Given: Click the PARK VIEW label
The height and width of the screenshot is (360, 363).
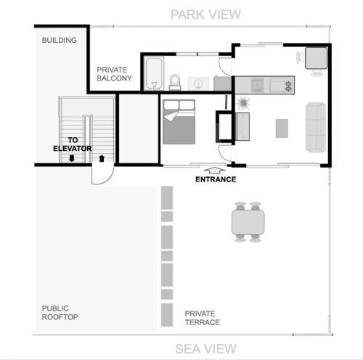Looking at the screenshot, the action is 205,15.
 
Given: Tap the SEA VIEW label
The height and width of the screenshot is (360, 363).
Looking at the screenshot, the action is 205,349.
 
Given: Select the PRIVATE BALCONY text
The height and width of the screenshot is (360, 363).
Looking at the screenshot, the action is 114,74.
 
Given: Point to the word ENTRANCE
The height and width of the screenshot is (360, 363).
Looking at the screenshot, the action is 216,179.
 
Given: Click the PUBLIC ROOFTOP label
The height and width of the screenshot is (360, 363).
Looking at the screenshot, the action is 60,313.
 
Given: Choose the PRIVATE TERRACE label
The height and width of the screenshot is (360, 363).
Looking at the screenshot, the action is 203,318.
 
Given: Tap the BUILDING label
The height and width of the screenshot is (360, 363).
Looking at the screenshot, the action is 60,40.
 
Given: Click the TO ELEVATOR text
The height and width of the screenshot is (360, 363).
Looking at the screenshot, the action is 73,144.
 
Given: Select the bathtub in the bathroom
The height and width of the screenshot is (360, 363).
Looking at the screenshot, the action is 154,73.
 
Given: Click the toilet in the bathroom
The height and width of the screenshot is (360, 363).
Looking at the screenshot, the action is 175,82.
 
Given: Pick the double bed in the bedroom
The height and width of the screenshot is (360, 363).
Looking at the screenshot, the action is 179,122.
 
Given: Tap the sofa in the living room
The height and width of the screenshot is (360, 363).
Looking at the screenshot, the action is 316,127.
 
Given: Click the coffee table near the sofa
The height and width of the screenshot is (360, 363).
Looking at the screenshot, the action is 282,128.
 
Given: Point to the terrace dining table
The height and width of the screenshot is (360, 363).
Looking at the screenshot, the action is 248,222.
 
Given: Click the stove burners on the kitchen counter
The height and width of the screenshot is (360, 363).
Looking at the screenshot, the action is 288,86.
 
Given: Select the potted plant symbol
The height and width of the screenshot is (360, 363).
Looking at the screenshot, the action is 243,103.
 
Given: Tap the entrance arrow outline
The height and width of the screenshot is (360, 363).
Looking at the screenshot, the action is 214,171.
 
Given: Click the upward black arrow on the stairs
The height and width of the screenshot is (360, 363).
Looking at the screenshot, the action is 102,158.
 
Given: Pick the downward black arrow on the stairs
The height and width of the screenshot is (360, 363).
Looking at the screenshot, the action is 72,158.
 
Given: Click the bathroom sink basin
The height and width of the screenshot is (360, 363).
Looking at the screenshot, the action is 198,83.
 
